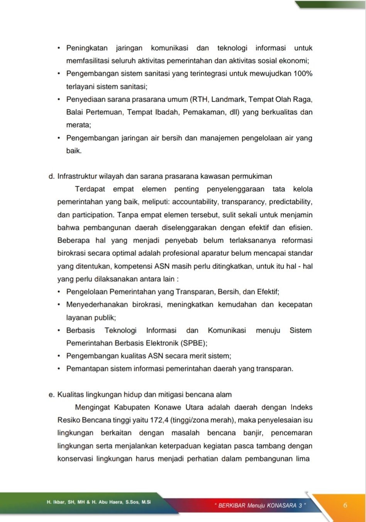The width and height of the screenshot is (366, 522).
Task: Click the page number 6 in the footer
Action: pos(345,505)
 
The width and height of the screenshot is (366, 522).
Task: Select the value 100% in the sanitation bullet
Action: pos(303,74)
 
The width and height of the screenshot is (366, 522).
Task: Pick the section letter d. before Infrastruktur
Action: pos(51,176)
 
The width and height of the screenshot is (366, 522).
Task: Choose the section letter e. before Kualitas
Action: pos(51,395)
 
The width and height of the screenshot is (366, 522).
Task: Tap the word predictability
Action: pos(290,202)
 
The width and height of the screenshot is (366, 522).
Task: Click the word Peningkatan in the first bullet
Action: pos(87,48)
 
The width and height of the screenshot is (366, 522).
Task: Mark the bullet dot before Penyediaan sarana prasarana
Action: pos(59,99)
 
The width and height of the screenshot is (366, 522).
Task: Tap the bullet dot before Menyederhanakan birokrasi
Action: pos(59,305)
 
